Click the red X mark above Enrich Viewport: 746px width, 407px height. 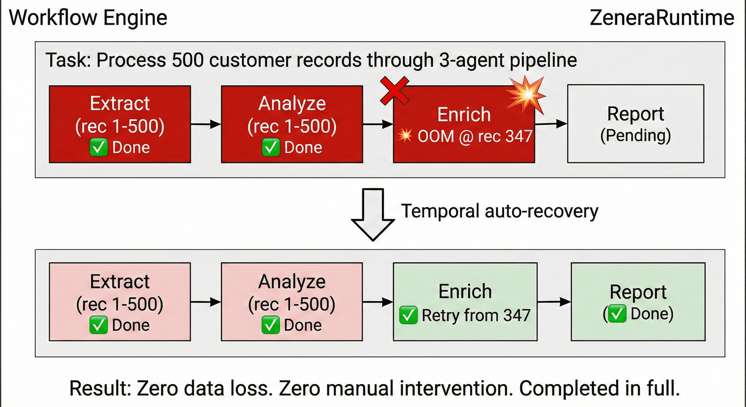point(394,90)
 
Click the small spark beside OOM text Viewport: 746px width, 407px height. point(405,135)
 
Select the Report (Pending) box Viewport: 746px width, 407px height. point(635,124)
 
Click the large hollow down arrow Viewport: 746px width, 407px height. point(373,215)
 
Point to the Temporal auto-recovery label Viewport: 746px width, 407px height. point(499,211)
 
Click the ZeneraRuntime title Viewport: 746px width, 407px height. point(662,18)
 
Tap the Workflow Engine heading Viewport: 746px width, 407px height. point(88,18)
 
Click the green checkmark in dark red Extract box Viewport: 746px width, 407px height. point(99,147)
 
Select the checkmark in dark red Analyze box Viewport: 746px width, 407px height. point(271,147)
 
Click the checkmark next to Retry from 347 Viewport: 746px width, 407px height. point(408,315)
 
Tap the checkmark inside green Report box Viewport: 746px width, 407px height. point(616,314)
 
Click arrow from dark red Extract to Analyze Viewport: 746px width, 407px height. point(206,124)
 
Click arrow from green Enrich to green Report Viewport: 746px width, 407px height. point(554,302)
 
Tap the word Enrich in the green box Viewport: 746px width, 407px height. point(465,291)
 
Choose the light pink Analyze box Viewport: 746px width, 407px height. point(292,302)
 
